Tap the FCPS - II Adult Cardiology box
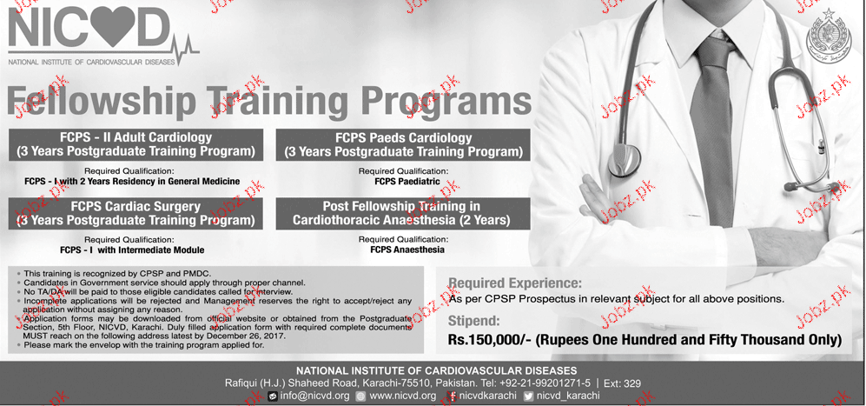coord(136,145)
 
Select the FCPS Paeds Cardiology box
coord(403,145)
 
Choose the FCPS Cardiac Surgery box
coord(136,214)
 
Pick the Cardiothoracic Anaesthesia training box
coord(403,214)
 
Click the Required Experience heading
coord(515,283)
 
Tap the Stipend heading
coord(474,320)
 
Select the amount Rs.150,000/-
coord(490,340)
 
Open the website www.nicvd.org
coord(403,396)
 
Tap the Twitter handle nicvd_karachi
coord(568,396)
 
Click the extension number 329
coord(633,383)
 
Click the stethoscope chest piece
coord(624,161)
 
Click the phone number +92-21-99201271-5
coord(545,383)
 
